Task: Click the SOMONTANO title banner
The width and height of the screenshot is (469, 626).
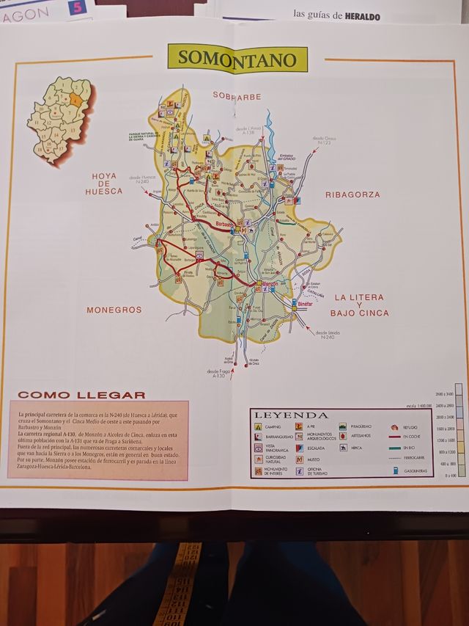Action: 237,59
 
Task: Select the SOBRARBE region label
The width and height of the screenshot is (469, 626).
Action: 237,95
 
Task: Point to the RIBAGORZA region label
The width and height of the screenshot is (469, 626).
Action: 352,194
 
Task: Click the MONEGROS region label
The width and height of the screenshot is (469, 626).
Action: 114,310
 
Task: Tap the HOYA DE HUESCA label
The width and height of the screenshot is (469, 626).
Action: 104,183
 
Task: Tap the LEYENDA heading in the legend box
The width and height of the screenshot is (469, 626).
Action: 291,415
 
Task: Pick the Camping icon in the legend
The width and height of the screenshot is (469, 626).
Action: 259,426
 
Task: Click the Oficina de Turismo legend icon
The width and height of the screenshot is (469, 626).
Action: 300,470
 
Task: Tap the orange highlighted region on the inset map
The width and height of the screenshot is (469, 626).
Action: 76,101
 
